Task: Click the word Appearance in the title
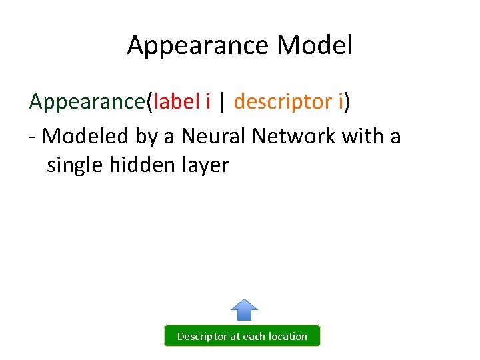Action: pos(198,45)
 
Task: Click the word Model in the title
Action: pos(315,45)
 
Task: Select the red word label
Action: pos(176,101)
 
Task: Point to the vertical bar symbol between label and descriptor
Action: pos(223,102)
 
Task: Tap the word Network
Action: pos(295,136)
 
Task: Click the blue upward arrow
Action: pos(244,310)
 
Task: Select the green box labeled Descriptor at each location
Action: pos(242,336)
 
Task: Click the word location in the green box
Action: pos(288,337)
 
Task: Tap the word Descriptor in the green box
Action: pos(202,337)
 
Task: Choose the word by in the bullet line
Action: pos(147,137)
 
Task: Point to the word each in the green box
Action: pos(254,337)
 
